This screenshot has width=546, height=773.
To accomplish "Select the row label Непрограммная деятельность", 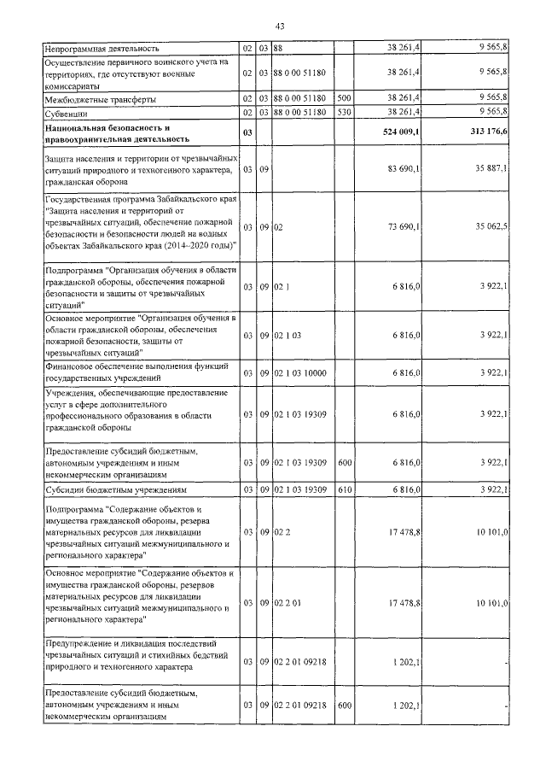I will pyautogui.click(x=102, y=50).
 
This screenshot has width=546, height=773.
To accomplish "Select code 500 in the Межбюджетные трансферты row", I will pyautogui.click(x=345, y=100).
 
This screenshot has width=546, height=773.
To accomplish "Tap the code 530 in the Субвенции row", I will pyautogui.click(x=345, y=112).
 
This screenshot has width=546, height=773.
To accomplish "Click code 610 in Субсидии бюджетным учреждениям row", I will pyautogui.click(x=345, y=490).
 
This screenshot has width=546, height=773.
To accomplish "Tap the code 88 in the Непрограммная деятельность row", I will pyautogui.click(x=278, y=50).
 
